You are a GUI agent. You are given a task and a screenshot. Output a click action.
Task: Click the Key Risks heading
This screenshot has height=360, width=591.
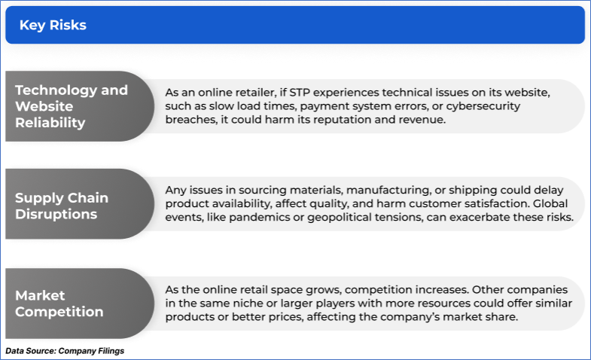coord(53,25)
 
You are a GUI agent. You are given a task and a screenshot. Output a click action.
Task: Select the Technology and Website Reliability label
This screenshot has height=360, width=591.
coord(72,106)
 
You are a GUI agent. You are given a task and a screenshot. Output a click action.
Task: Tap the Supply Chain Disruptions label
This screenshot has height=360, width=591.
coord(62,206)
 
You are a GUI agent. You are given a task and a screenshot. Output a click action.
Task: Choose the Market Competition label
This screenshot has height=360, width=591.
coord(59,304)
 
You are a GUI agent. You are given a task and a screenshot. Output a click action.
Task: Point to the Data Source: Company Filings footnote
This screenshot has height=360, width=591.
coord(65,351)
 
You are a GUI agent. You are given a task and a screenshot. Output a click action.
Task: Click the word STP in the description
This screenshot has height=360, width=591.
coord(300,93)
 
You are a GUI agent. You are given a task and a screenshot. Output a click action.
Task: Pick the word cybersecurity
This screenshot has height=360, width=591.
coord(483,106)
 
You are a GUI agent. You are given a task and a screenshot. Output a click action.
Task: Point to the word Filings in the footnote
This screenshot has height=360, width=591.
coord(111,351)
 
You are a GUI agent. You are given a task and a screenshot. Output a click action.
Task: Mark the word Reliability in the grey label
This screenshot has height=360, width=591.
coord(50,123)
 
